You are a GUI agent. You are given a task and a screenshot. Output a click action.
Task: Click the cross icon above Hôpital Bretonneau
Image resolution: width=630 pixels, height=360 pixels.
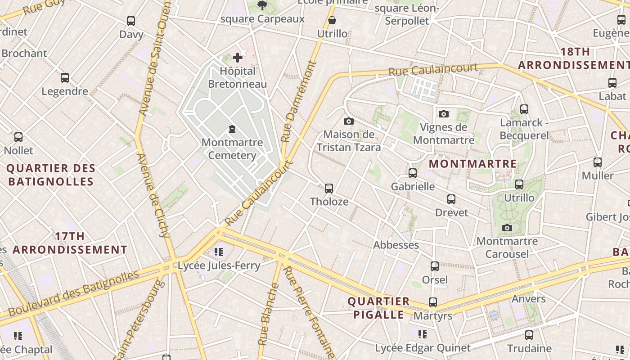point(238,58)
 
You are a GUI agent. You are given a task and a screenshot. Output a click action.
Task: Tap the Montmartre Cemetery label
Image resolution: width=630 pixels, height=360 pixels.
point(232,149)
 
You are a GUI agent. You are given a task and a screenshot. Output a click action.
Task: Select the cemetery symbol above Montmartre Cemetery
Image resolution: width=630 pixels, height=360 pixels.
point(232,130)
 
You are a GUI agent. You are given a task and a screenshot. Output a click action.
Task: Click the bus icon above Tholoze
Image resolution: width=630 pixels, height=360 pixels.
point(329,188)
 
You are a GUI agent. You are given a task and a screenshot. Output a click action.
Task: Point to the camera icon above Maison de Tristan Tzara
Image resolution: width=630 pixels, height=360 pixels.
point(348,121)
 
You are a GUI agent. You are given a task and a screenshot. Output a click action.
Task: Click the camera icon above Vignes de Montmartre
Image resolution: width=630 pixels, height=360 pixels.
point(444,114)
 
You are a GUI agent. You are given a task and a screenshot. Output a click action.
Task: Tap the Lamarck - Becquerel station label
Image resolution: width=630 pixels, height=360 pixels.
point(524,129)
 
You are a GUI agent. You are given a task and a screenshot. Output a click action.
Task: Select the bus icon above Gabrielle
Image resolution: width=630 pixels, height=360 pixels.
point(413,173)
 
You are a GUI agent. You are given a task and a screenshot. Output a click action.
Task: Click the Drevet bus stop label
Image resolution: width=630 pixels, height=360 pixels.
point(451,212)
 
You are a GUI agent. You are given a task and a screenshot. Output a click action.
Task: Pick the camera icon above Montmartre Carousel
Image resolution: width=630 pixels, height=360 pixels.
point(507,228)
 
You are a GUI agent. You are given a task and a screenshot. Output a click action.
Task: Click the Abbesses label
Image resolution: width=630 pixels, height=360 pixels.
point(396,245)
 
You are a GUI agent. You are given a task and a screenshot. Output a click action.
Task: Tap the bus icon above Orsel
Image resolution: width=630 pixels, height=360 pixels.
point(435,266)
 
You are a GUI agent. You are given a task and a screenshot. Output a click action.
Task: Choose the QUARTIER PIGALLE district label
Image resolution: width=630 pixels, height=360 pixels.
point(378,308)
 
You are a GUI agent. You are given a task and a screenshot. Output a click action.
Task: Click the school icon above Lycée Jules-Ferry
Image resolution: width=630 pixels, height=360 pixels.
point(219,252)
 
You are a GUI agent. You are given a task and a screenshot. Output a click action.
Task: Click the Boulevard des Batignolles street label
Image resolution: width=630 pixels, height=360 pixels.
point(73,294)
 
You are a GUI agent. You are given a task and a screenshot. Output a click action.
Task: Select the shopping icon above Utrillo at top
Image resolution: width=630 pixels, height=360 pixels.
point(332,20)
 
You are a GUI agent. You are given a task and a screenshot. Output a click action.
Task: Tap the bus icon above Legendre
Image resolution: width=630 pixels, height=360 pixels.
point(65,78)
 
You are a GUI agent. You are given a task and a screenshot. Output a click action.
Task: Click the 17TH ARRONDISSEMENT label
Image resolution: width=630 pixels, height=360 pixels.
point(70,243)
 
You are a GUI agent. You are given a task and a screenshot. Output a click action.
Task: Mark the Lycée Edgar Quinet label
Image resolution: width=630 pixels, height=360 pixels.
point(423,348)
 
